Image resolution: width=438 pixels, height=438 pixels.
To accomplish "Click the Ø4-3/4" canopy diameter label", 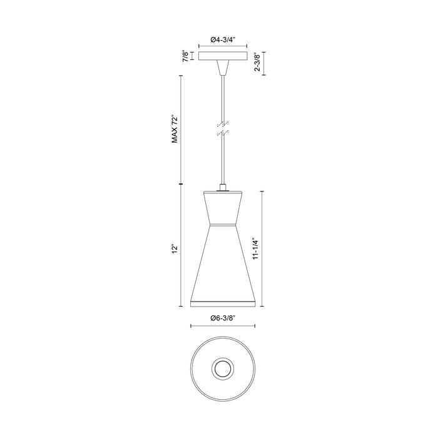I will click(x=222, y=39).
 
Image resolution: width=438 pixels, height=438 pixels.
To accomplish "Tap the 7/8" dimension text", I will click(x=185, y=56).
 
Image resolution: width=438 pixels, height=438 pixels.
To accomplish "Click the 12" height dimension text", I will click(x=176, y=248).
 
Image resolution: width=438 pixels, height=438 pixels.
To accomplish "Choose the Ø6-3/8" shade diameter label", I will click(x=222, y=318).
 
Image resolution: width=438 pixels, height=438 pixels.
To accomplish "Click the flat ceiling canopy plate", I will click(x=222, y=56).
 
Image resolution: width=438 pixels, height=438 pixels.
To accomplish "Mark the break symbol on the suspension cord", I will click(x=222, y=128).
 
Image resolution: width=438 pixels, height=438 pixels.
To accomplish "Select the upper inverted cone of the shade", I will click(x=222, y=206).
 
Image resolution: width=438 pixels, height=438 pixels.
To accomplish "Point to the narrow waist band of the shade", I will click(x=222, y=223).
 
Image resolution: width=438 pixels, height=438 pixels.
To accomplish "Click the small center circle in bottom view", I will click(x=222, y=369).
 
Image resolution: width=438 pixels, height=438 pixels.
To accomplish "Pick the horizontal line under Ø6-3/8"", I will click(x=222, y=325).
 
